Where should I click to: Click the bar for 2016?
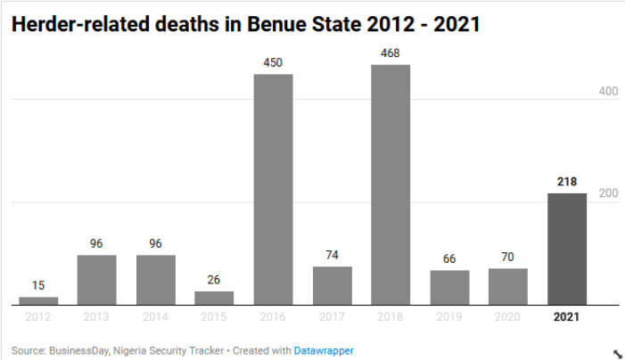(x=274, y=189)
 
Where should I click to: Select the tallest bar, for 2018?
(x=391, y=184)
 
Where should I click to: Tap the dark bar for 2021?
(x=567, y=249)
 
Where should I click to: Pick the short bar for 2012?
(x=38, y=300)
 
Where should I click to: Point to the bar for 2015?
(x=215, y=298)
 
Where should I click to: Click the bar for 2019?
(x=449, y=287)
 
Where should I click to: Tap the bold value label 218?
(x=567, y=181)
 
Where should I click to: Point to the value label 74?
(x=332, y=255)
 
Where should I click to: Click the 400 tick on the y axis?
(x=607, y=92)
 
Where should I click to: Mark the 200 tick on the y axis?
(x=607, y=194)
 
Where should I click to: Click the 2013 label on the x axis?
(x=96, y=317)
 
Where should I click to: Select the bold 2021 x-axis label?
(x=567, y=317)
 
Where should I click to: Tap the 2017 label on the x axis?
(x=332, y=317)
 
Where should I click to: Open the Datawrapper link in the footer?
(x=324, y=351)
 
